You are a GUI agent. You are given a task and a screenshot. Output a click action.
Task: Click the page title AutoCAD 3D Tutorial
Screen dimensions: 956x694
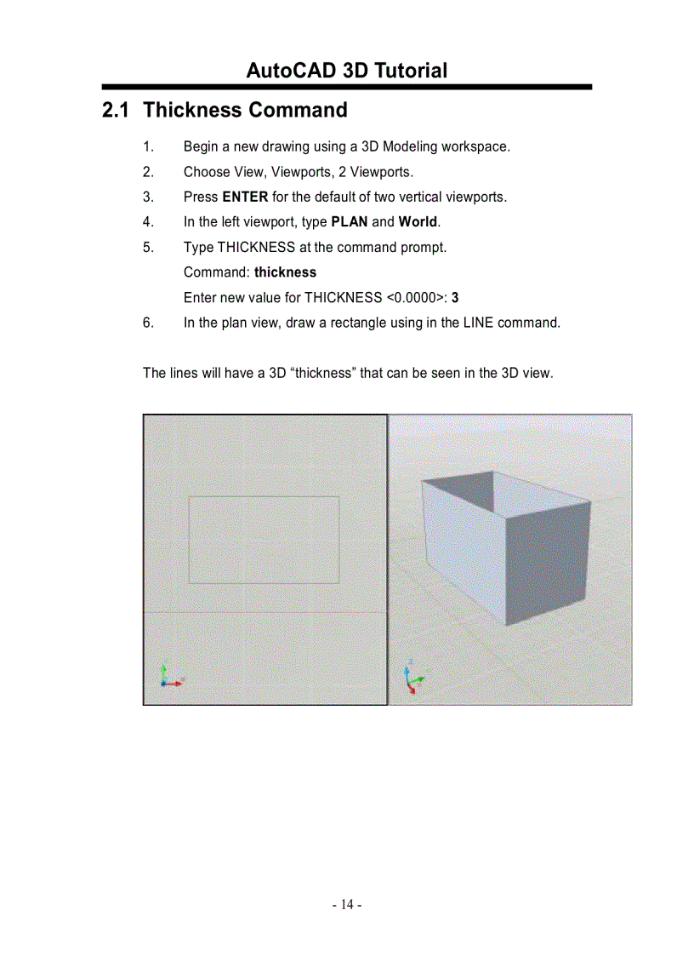346,71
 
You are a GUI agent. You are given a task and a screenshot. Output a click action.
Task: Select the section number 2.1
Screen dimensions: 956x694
117,111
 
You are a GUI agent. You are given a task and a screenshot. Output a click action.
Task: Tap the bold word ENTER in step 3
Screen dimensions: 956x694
245,197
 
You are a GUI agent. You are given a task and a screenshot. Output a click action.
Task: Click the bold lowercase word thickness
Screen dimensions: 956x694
285,272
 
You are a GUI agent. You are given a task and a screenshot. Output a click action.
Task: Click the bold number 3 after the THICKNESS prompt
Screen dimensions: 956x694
456,298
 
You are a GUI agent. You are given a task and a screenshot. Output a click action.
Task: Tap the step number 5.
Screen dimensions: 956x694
148,248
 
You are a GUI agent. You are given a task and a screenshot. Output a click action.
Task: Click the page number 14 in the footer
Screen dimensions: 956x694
347,904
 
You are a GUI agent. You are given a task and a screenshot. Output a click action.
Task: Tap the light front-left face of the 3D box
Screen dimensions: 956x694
464,549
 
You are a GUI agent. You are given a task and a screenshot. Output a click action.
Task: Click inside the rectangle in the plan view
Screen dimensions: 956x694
264,540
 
